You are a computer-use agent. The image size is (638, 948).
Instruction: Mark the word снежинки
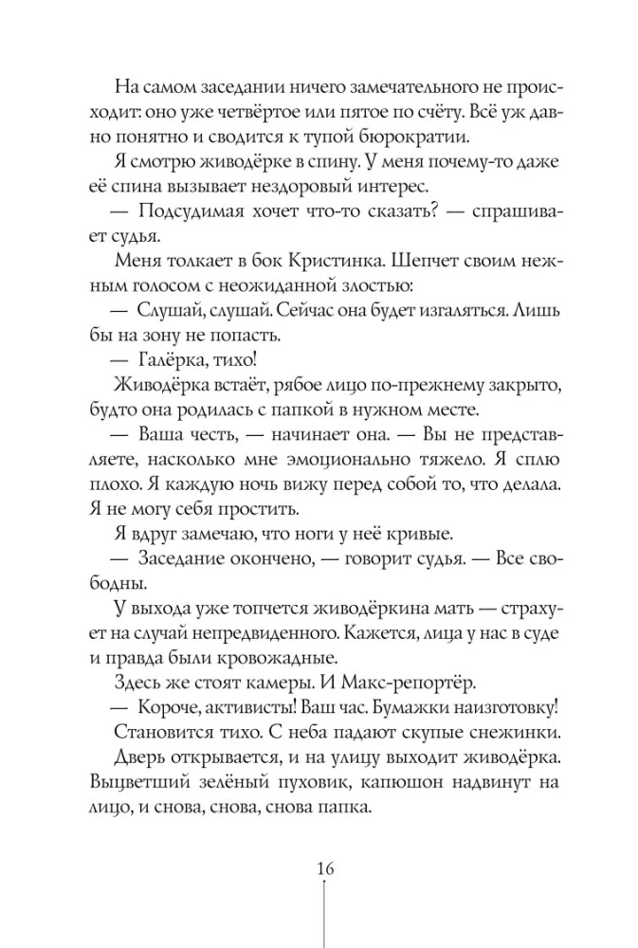pos(502,734)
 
